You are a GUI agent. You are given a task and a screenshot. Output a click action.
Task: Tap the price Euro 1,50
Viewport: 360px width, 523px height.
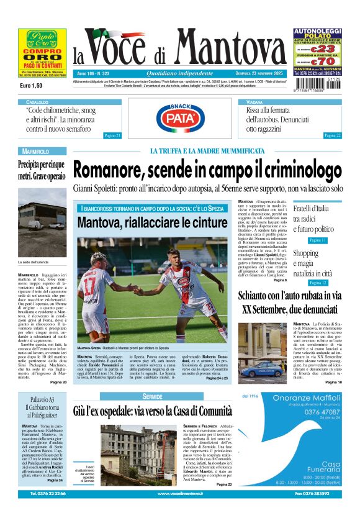[x=30, y=85]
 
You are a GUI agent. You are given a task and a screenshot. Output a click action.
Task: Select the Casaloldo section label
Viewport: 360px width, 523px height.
[x=37, y=101]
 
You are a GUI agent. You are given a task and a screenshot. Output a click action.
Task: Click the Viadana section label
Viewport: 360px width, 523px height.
[x=254, y=101]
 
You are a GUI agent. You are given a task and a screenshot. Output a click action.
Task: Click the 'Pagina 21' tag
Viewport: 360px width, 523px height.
[x=112, y=135]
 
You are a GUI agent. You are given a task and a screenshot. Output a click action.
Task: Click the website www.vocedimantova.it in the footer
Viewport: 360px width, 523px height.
[x=180, y=511]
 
